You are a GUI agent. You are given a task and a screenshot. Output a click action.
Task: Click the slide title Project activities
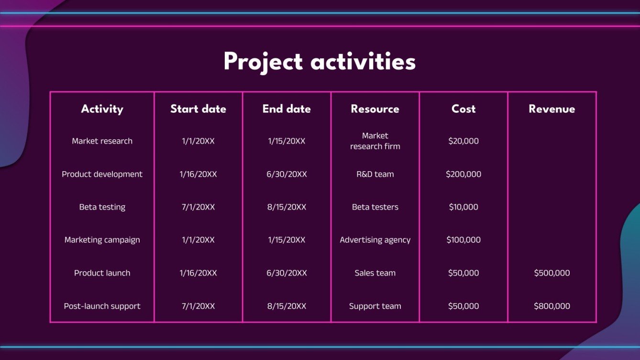pos(320,63)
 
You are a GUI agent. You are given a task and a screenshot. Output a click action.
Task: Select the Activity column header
pos(102,109)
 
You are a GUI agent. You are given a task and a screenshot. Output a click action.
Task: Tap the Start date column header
pos(198,109)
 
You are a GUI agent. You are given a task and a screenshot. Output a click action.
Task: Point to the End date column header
pos(287,109)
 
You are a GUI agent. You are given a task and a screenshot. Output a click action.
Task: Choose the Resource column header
pos(375,109)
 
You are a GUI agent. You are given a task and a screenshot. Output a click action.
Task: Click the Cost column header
pos(463,109)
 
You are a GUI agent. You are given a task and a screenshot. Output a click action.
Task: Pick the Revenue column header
pos(552,109)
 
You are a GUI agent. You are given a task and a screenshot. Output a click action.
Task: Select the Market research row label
pos(102,141)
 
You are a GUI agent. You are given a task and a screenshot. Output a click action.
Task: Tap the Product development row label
pos(102,174)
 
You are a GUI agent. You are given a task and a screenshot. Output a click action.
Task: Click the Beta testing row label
pos(102,207)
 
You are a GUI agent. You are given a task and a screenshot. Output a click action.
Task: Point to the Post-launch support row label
pos(102,306)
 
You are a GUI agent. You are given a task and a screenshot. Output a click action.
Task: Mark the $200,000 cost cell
pos(463,174)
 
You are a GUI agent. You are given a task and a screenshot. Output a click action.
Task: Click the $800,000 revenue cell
pos(552,306)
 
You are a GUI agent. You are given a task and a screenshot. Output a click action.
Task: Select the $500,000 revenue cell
pos(552,273)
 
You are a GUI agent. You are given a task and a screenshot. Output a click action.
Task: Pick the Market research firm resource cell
pos(375,141)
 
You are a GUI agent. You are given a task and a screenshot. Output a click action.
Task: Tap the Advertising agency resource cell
pos(375,240)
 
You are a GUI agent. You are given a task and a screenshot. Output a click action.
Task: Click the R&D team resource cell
pos(375,174)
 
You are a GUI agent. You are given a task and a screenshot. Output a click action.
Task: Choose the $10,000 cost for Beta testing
pos(463,207)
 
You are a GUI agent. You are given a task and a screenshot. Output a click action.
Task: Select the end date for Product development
pos(287,174)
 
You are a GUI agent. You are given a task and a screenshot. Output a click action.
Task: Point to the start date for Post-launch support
pos(198,306)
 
